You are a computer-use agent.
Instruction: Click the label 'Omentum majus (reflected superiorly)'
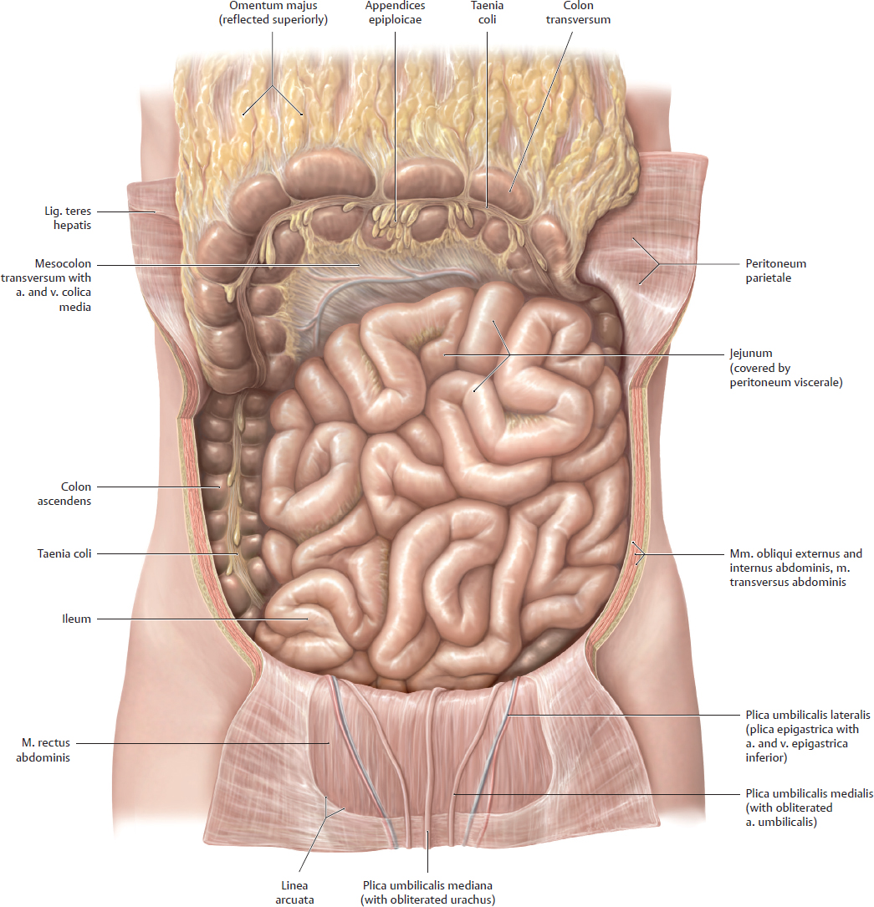coord(273,13)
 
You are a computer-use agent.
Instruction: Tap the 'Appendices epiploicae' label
coord(395,13)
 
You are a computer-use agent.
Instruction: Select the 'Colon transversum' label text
coord(578,13)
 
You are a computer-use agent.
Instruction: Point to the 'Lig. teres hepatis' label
coord(68,218)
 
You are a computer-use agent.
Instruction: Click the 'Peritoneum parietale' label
coord(775,271)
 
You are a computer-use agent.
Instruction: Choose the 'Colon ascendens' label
coord(64,493)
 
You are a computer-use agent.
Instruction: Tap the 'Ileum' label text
coord(76,619)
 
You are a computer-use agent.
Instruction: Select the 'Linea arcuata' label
coord(294,893)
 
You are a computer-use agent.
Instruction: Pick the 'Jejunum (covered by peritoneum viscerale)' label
coord(786,368)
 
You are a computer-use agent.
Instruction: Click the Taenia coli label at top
coord(487,13)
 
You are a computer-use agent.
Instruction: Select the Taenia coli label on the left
coord(64,553)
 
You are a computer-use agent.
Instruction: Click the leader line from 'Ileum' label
coord(202,619)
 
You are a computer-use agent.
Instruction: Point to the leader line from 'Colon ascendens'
coord(158,487)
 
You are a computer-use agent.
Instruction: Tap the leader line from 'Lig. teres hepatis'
coord(125,211)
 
